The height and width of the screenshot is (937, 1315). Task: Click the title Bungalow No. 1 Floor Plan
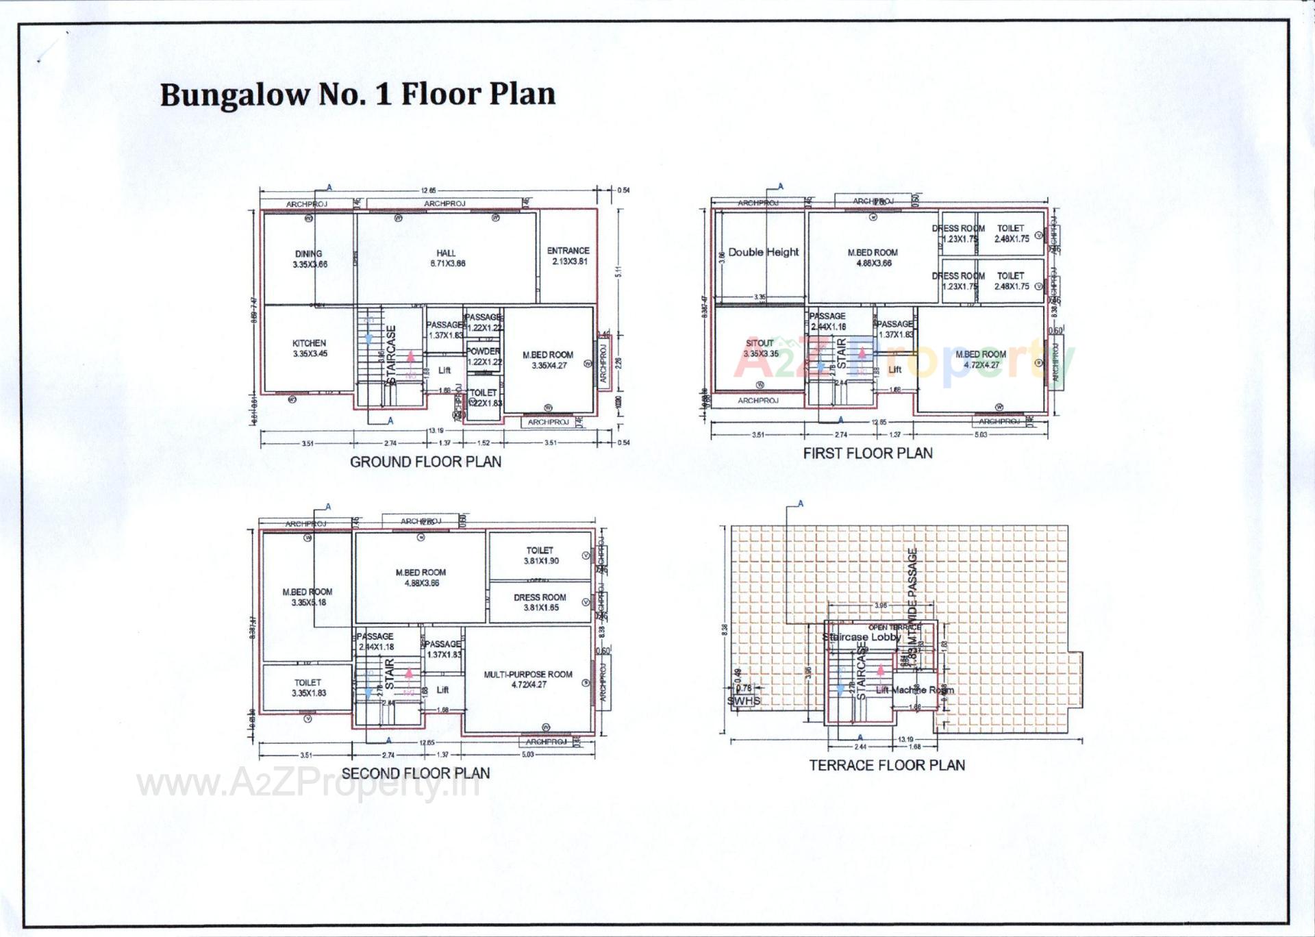click(358, 94)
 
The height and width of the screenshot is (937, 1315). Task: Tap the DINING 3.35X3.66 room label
click(309, 259)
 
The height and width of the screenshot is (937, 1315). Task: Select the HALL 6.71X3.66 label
click(447, 258)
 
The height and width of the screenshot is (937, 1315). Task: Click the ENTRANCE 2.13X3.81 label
click(568, 255)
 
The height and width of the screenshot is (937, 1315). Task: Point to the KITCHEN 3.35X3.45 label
click(309, 348)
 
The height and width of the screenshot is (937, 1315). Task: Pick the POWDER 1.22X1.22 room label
click(484, 356)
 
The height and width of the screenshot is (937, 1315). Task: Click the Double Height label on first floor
click(763, 252)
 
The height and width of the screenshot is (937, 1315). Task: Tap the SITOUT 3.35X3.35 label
click(760, 348)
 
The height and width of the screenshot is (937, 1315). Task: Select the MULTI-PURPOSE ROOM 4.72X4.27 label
click(528, 679)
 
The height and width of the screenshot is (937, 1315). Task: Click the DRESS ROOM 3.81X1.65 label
click(540, 602)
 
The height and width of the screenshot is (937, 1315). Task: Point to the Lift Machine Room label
click(914, 690)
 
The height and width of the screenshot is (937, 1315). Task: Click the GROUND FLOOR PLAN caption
click(425, 462)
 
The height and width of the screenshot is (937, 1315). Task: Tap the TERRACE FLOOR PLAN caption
click(887, 765)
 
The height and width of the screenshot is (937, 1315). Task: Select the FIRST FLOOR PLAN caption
click(868, 453)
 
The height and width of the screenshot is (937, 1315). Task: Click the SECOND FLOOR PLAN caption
click(416, 773)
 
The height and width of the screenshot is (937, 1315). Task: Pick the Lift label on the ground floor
click(444, 370)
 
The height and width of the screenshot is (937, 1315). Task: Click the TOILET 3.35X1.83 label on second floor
click(308, 688)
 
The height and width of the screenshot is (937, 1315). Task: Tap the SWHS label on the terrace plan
click(744, 701)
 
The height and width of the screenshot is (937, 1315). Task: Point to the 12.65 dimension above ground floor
click(428, 191)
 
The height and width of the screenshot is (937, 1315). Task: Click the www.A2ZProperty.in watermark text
click(308, 785)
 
